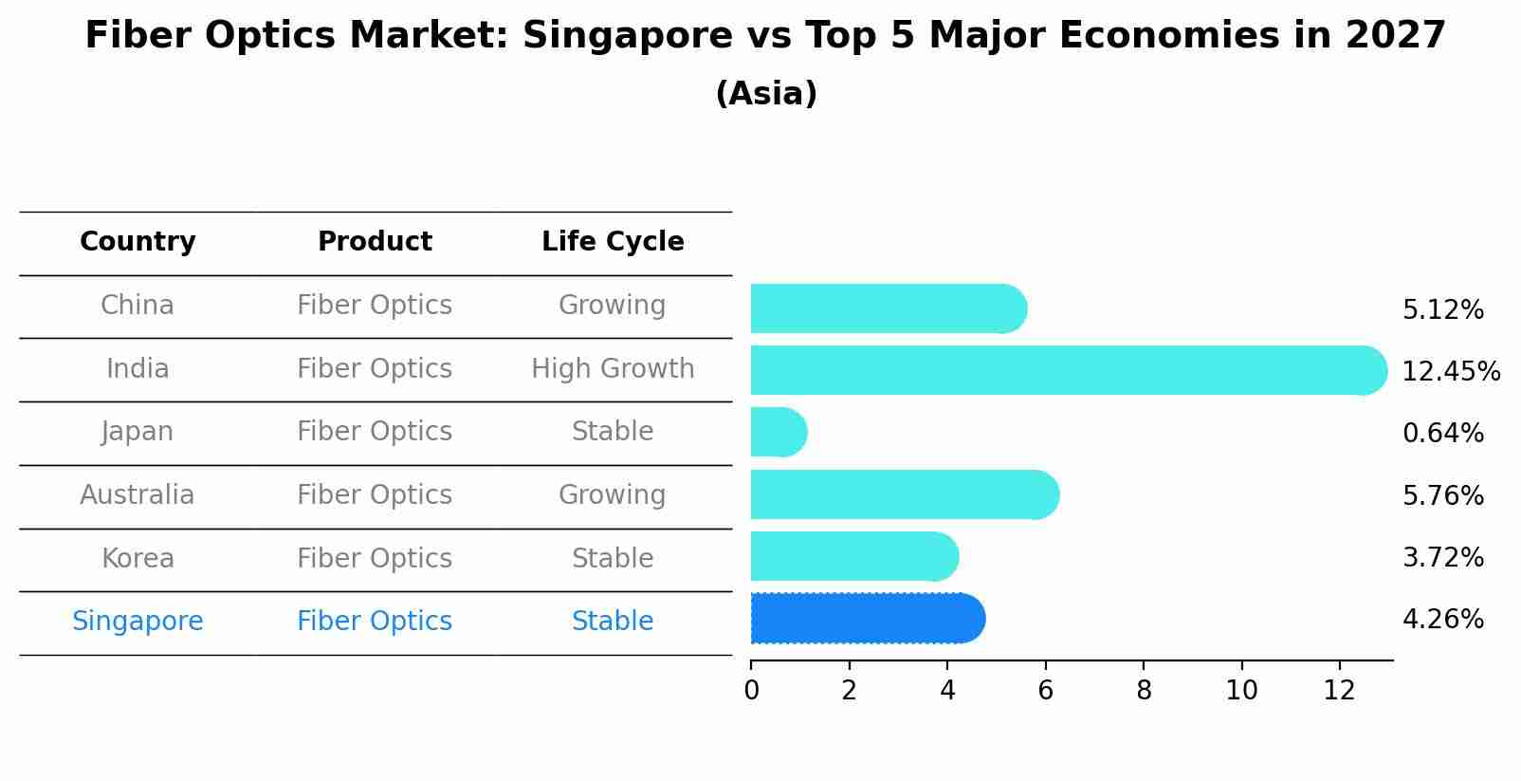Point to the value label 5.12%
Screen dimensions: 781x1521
1442,310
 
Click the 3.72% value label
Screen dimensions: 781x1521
1442,558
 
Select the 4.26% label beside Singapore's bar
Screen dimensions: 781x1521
1442,620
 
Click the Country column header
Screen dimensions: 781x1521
137,242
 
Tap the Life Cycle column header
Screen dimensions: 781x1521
613,242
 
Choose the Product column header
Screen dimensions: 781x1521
375,242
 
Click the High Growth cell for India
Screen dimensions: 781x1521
613,369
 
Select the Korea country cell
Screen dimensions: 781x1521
137,559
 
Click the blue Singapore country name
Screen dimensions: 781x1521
137,622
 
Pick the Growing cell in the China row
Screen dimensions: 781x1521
612,306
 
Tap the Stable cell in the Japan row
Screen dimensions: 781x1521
613,432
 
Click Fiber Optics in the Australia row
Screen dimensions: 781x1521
375,495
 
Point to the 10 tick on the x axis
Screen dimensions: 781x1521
1241,691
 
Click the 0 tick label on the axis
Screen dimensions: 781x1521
751,691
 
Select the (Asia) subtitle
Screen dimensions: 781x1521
766,94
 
